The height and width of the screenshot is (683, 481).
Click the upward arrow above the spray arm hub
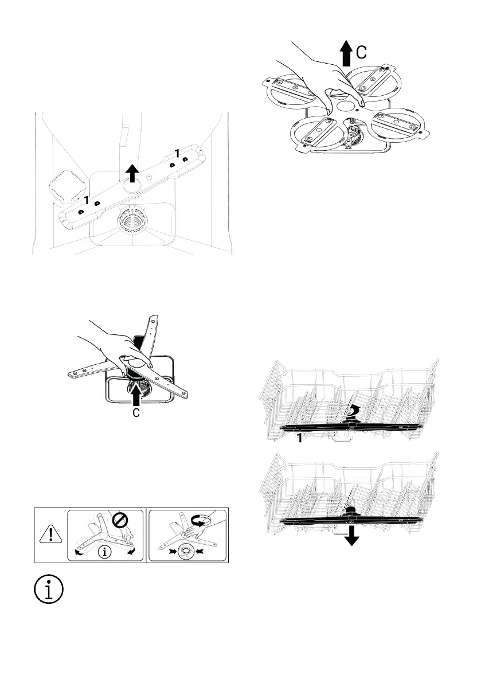click(x=132, y=171)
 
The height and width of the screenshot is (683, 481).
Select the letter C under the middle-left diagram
click(x=136, y=412)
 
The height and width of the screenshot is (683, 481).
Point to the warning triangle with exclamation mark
click(x=51, y=535)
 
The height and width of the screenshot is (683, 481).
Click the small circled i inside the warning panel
click(x=104, y=553)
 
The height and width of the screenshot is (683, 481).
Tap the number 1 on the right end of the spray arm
click(x=177, y=154)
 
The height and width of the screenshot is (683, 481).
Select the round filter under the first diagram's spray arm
click(x=132, y=220)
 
